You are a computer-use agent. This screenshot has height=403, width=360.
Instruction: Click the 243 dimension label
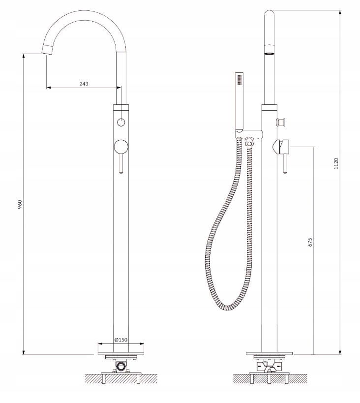coord(84,84)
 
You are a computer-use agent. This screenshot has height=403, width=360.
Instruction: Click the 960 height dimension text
coord(20,204)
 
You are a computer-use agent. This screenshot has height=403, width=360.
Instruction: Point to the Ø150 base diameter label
coord(121,340)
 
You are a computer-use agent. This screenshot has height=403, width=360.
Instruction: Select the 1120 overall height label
coord(336,163)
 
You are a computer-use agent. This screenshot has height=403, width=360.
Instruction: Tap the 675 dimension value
coord(310,242)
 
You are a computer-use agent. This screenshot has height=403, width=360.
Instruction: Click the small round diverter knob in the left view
coord(121,123)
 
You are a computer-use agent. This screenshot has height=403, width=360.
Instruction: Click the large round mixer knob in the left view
coord(121,147)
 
